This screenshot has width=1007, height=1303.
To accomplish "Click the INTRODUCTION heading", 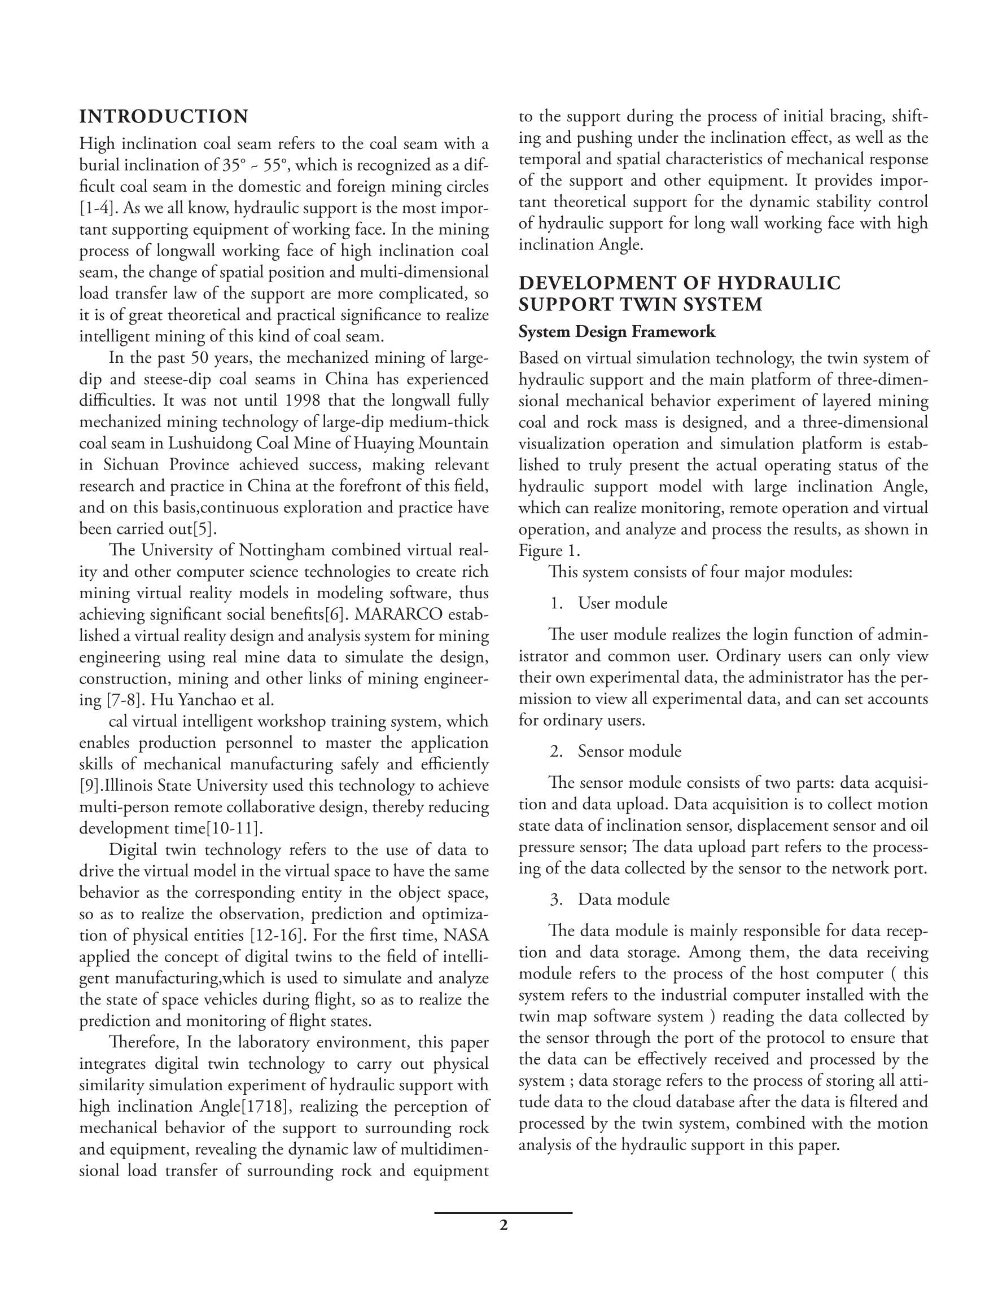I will tap(164, 116).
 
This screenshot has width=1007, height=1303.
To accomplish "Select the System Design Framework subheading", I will tap(616, 332).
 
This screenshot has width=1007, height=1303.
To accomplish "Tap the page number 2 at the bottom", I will tap(503, 1226).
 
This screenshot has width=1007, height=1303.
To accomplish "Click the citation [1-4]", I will tap(96, 208).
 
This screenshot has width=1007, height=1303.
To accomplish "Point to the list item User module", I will tap(623, 603).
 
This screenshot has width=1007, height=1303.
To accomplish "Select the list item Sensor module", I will tap(629, 751).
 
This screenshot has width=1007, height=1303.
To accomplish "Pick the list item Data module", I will tap(624, 900).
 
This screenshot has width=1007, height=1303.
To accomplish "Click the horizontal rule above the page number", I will tap(503, 1213).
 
